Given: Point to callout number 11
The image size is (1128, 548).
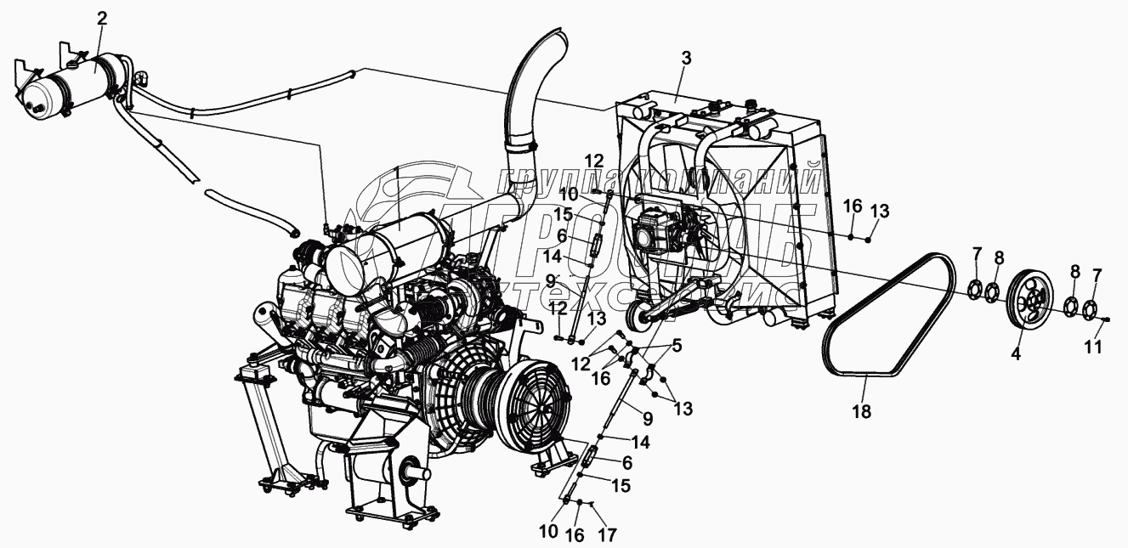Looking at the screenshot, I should tap(1092, 347).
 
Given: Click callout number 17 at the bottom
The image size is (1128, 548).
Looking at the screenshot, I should tap(609, 535).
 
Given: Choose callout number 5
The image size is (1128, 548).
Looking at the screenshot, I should tap(677, 345).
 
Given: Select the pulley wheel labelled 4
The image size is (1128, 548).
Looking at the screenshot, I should tap(1028, 301).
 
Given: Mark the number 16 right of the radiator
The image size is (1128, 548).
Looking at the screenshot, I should tap(853, 206).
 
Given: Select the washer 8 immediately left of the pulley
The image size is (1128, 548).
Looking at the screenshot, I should tap(992, 293).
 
